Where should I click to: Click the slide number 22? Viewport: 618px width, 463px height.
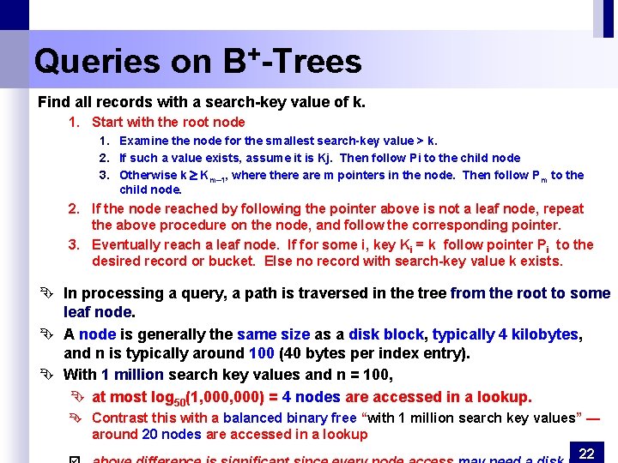(x=587, y=452)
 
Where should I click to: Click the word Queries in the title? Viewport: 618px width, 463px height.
(x=97, y=62)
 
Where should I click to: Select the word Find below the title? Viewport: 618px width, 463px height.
(x=54, y=102)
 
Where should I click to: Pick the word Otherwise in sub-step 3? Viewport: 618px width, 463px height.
(x=147, y=175)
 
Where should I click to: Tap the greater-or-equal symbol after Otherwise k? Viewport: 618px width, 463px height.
(x=194, y=176)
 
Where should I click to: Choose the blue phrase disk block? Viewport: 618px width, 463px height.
(x=386, y=334)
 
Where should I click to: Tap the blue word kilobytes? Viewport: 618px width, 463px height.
(x=544, y=334)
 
